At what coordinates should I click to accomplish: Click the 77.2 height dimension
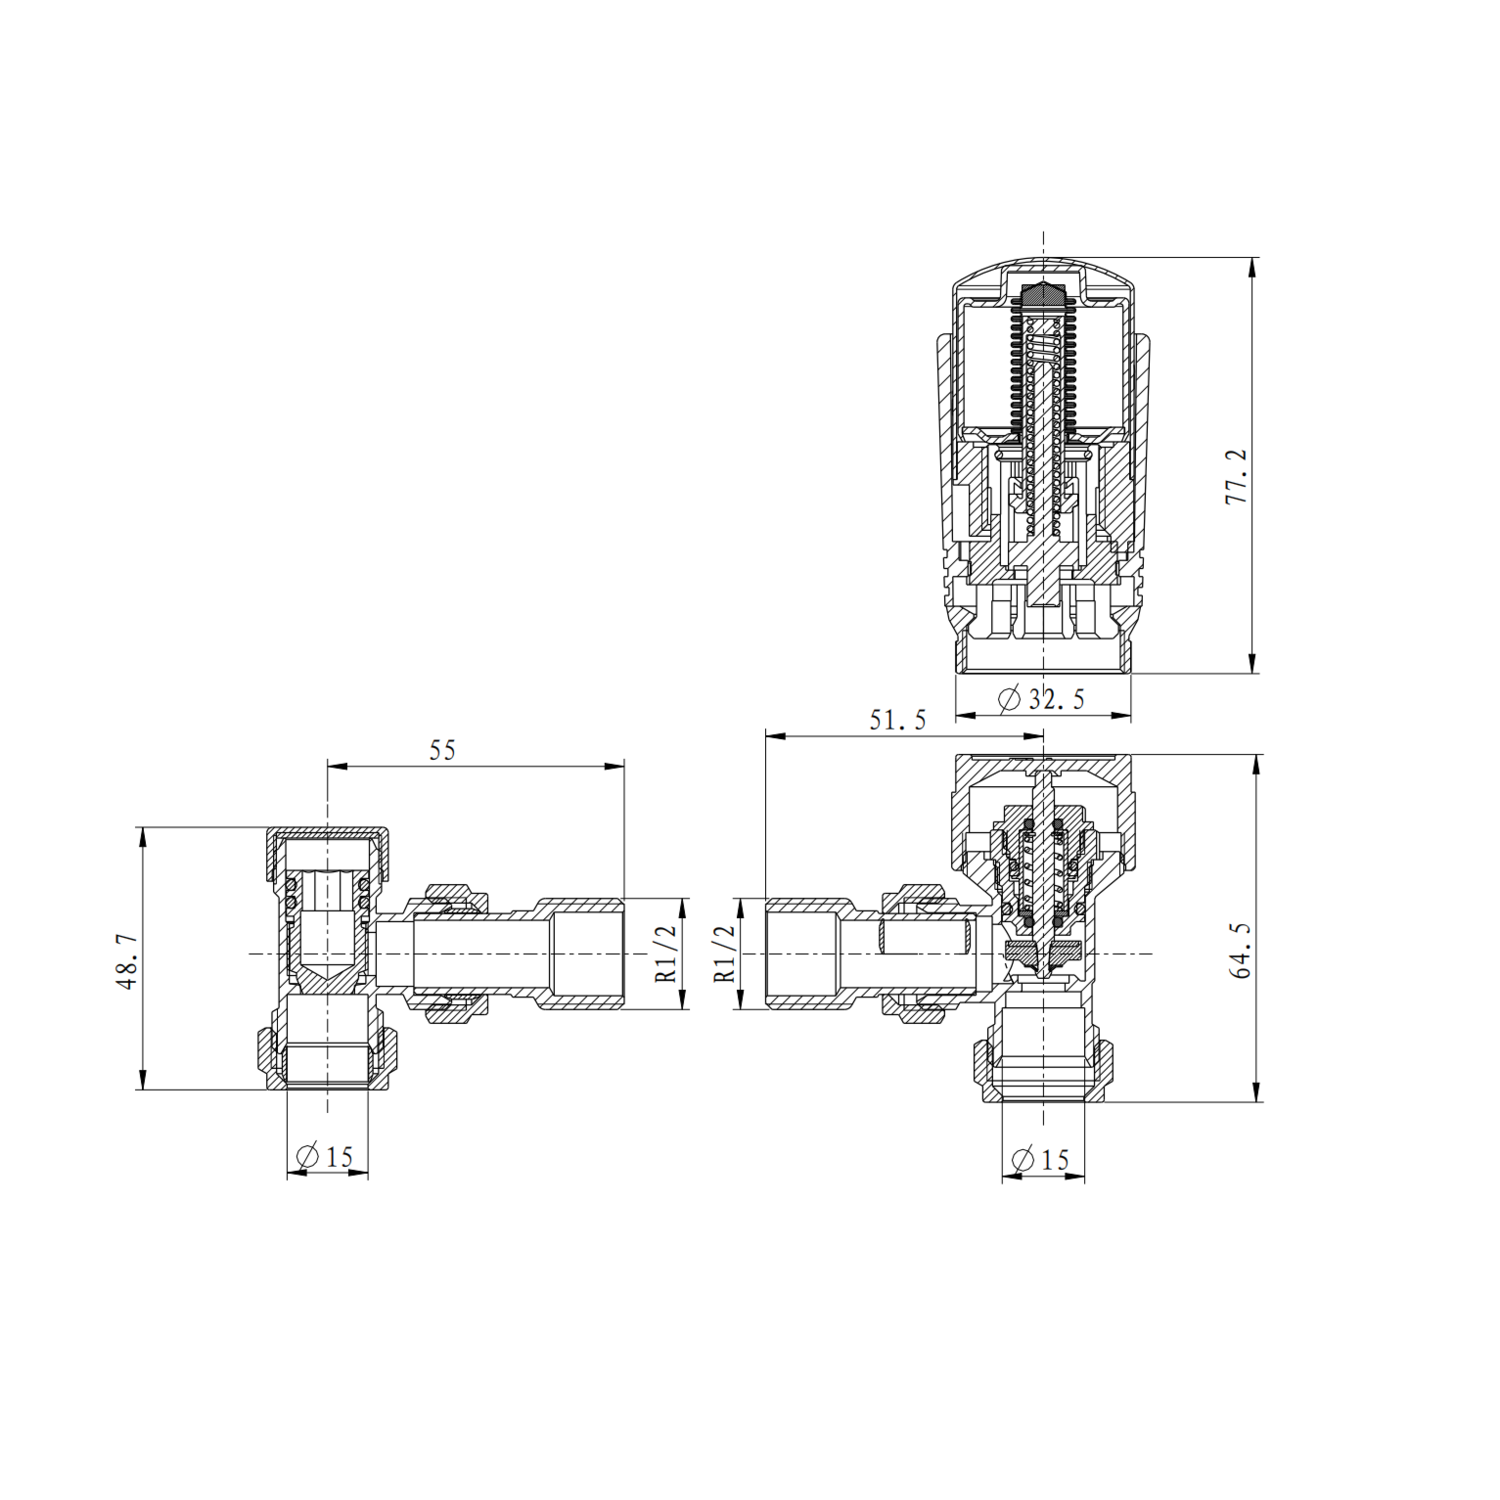click(x=1237, y=476)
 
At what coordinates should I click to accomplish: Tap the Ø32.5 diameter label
click(x=1042, y=698)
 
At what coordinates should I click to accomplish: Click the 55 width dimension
click(x=442, y=750)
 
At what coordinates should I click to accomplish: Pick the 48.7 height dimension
click(x=128, y=963)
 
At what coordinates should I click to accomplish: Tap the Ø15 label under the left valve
click(x=325, y=1157)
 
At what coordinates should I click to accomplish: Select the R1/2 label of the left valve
click(x=667, y=952)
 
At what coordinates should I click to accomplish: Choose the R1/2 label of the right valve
click(x=726, y=952)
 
